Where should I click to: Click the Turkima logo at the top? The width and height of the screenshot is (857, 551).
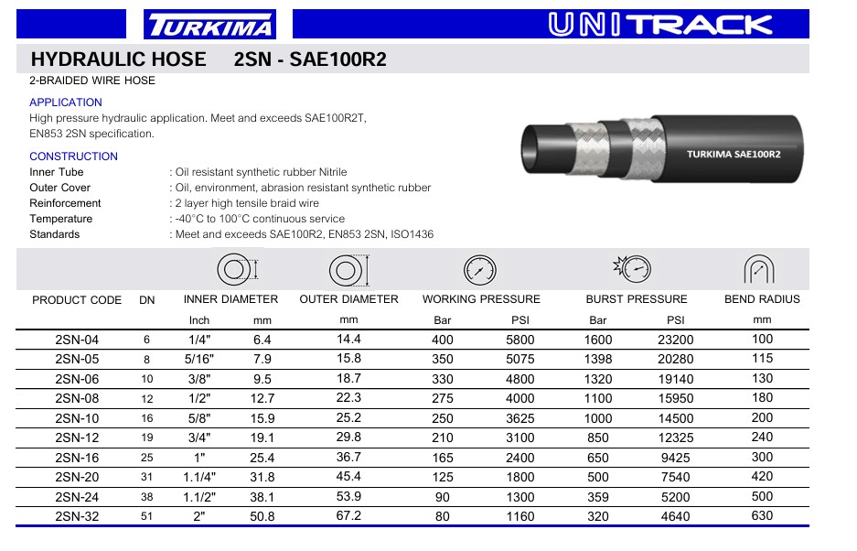point(209,25)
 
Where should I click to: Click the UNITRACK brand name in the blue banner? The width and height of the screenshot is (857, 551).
point(660,25)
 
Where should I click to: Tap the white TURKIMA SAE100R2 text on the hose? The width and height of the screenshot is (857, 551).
point(734,154)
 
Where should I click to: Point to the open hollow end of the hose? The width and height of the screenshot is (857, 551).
point(535,147)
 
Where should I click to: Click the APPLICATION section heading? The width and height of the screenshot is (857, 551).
point(66,103)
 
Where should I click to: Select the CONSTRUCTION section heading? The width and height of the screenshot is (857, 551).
point(73,157)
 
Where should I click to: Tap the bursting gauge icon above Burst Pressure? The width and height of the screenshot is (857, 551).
point(632,269)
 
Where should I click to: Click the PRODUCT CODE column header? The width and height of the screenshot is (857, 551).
point(77,299)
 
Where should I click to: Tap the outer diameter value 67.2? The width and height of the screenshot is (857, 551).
point(348,515)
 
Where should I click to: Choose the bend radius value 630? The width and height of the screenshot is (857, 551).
point(762,515)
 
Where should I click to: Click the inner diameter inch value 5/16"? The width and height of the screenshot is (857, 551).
point(199,359)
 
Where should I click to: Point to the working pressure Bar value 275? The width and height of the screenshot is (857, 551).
point(442,398)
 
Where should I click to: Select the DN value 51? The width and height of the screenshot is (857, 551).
point(146,516)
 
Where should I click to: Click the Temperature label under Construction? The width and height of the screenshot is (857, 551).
point(61,219)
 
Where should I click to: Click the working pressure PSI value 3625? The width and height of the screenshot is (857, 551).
point(520,417)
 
